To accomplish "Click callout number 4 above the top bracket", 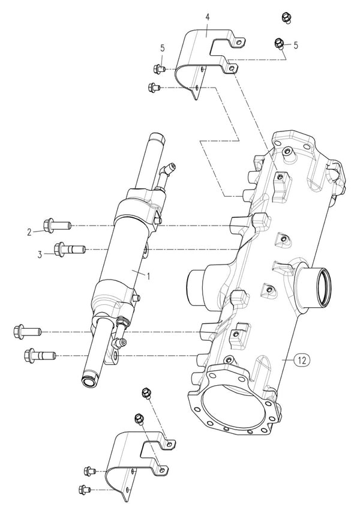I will (x=207, y=17).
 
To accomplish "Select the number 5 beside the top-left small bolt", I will (x=162, y=47).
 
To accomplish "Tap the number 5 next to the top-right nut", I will (x=296, y=45).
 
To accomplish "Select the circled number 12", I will (x=302, y=360).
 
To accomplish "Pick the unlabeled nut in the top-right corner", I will (x=286, y=17).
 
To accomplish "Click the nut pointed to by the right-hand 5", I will (x=279, y=43).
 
